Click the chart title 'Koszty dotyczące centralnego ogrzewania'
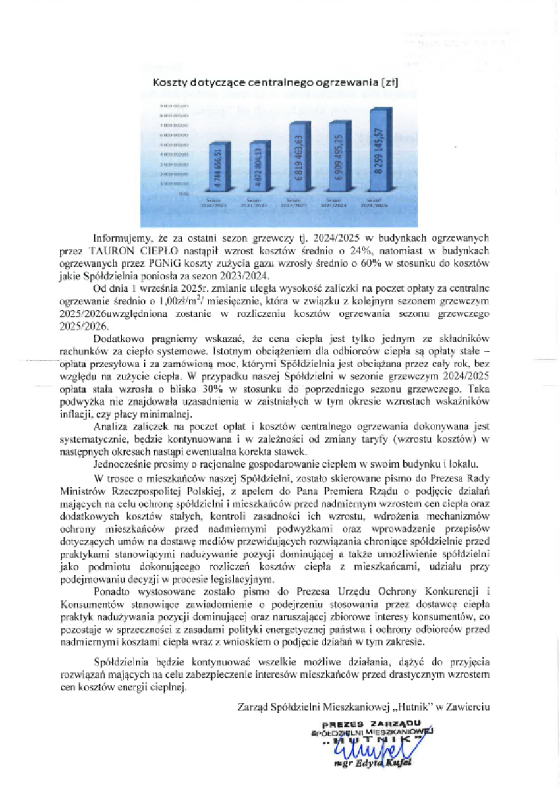coord(275,83)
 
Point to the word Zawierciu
coord(466,706)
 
